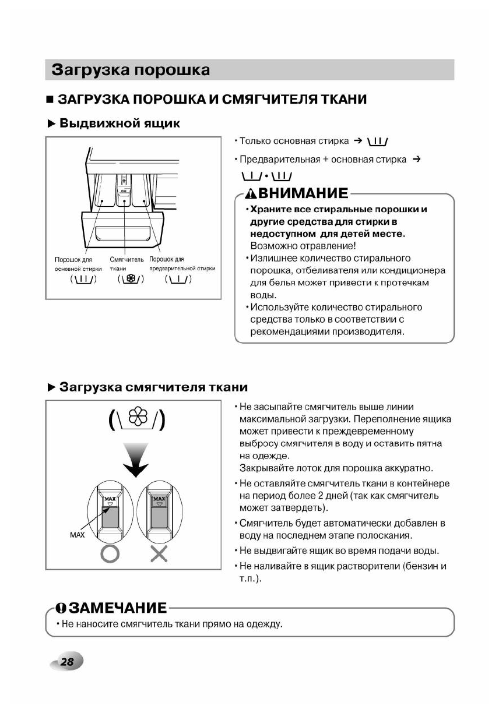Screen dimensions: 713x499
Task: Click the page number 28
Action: click(67, 662)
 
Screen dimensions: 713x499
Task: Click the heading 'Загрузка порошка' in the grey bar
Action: click(131, 70)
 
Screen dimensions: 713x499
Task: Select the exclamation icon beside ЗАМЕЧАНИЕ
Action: click(61, 608)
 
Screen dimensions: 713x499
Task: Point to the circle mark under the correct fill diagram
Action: click(110, 553)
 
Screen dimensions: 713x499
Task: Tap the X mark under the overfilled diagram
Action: click(159, 553)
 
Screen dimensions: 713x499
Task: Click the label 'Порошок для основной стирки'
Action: click(78, 264)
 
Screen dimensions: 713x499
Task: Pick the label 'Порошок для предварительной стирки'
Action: click(182, 264)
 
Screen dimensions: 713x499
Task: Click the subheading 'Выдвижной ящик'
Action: click(120, 123)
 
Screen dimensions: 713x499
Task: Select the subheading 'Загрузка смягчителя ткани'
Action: click(153, 387)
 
